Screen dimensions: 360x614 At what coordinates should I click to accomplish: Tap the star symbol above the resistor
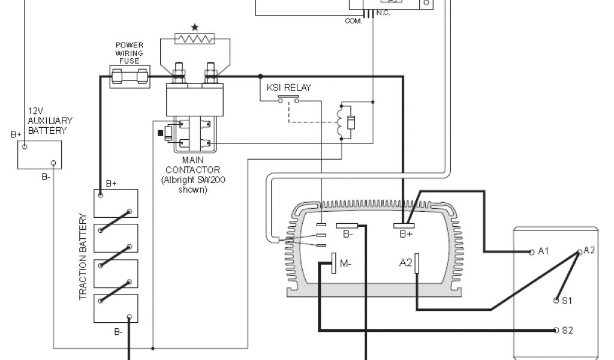point(194,28)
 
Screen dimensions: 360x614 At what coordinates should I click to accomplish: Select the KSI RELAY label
point(289,88)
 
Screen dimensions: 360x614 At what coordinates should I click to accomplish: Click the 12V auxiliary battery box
point(40,155)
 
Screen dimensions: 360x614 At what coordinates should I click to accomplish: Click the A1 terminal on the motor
point(532,252)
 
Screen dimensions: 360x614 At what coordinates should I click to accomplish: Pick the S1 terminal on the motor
point(556,300)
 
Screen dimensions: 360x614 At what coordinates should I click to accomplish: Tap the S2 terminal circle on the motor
point(556,331)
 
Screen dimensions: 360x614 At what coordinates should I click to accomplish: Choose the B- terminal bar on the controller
point(347,226)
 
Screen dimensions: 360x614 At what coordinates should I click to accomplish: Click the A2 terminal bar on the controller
point(416,263)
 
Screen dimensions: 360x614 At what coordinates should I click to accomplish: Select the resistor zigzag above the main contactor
point(194,40)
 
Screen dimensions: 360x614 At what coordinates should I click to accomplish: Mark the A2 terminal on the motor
point(580,252)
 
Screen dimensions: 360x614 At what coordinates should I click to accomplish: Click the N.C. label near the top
point(382,13)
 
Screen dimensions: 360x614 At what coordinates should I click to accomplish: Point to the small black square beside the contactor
point(160,133)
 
